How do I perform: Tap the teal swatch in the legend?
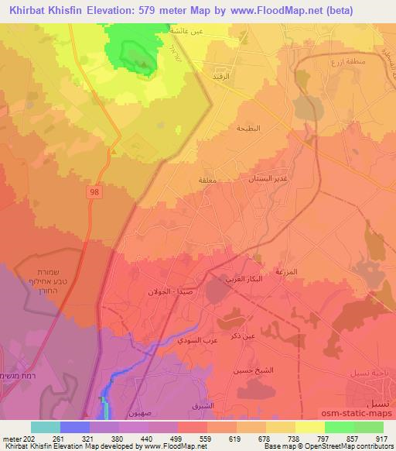[46, 427]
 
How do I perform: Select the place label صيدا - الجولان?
[169, 293]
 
